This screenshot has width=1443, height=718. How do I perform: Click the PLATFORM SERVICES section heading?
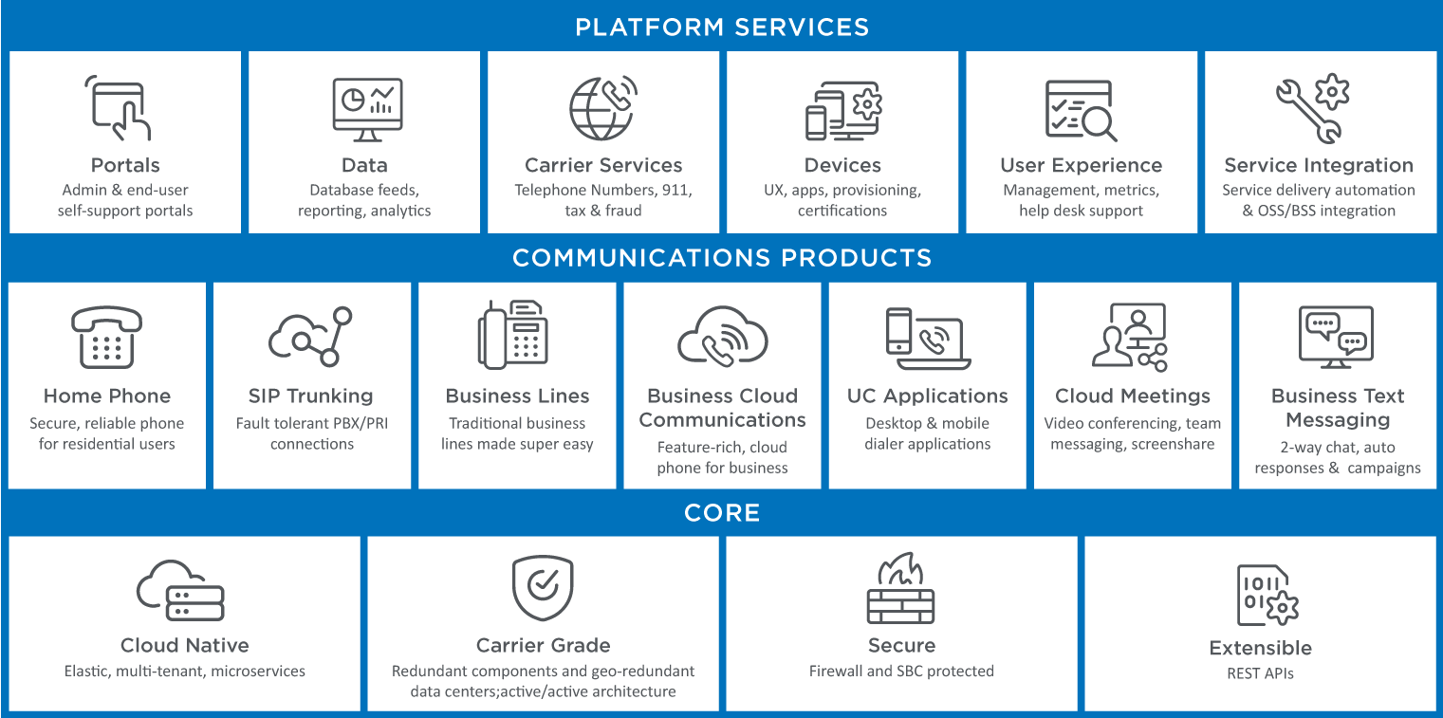pos(721,27)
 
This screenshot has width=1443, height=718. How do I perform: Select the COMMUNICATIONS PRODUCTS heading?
pos(721,258)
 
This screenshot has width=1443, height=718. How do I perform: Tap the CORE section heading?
pos(721,513)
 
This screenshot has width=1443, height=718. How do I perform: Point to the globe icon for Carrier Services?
pos(601,108)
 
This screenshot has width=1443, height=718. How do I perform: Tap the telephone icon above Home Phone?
pos(106,337)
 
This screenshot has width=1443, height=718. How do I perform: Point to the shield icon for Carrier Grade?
pos(543,588)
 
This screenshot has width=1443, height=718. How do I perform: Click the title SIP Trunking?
pos(311,396)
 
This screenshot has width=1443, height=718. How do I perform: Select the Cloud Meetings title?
pos(1133,396)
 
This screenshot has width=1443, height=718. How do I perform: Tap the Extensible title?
pos(1260,648)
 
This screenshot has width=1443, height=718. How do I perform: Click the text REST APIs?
pos(1260,673)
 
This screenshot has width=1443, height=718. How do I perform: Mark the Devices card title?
pos(842,165)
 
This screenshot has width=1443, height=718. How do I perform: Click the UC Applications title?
pos(927,396)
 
